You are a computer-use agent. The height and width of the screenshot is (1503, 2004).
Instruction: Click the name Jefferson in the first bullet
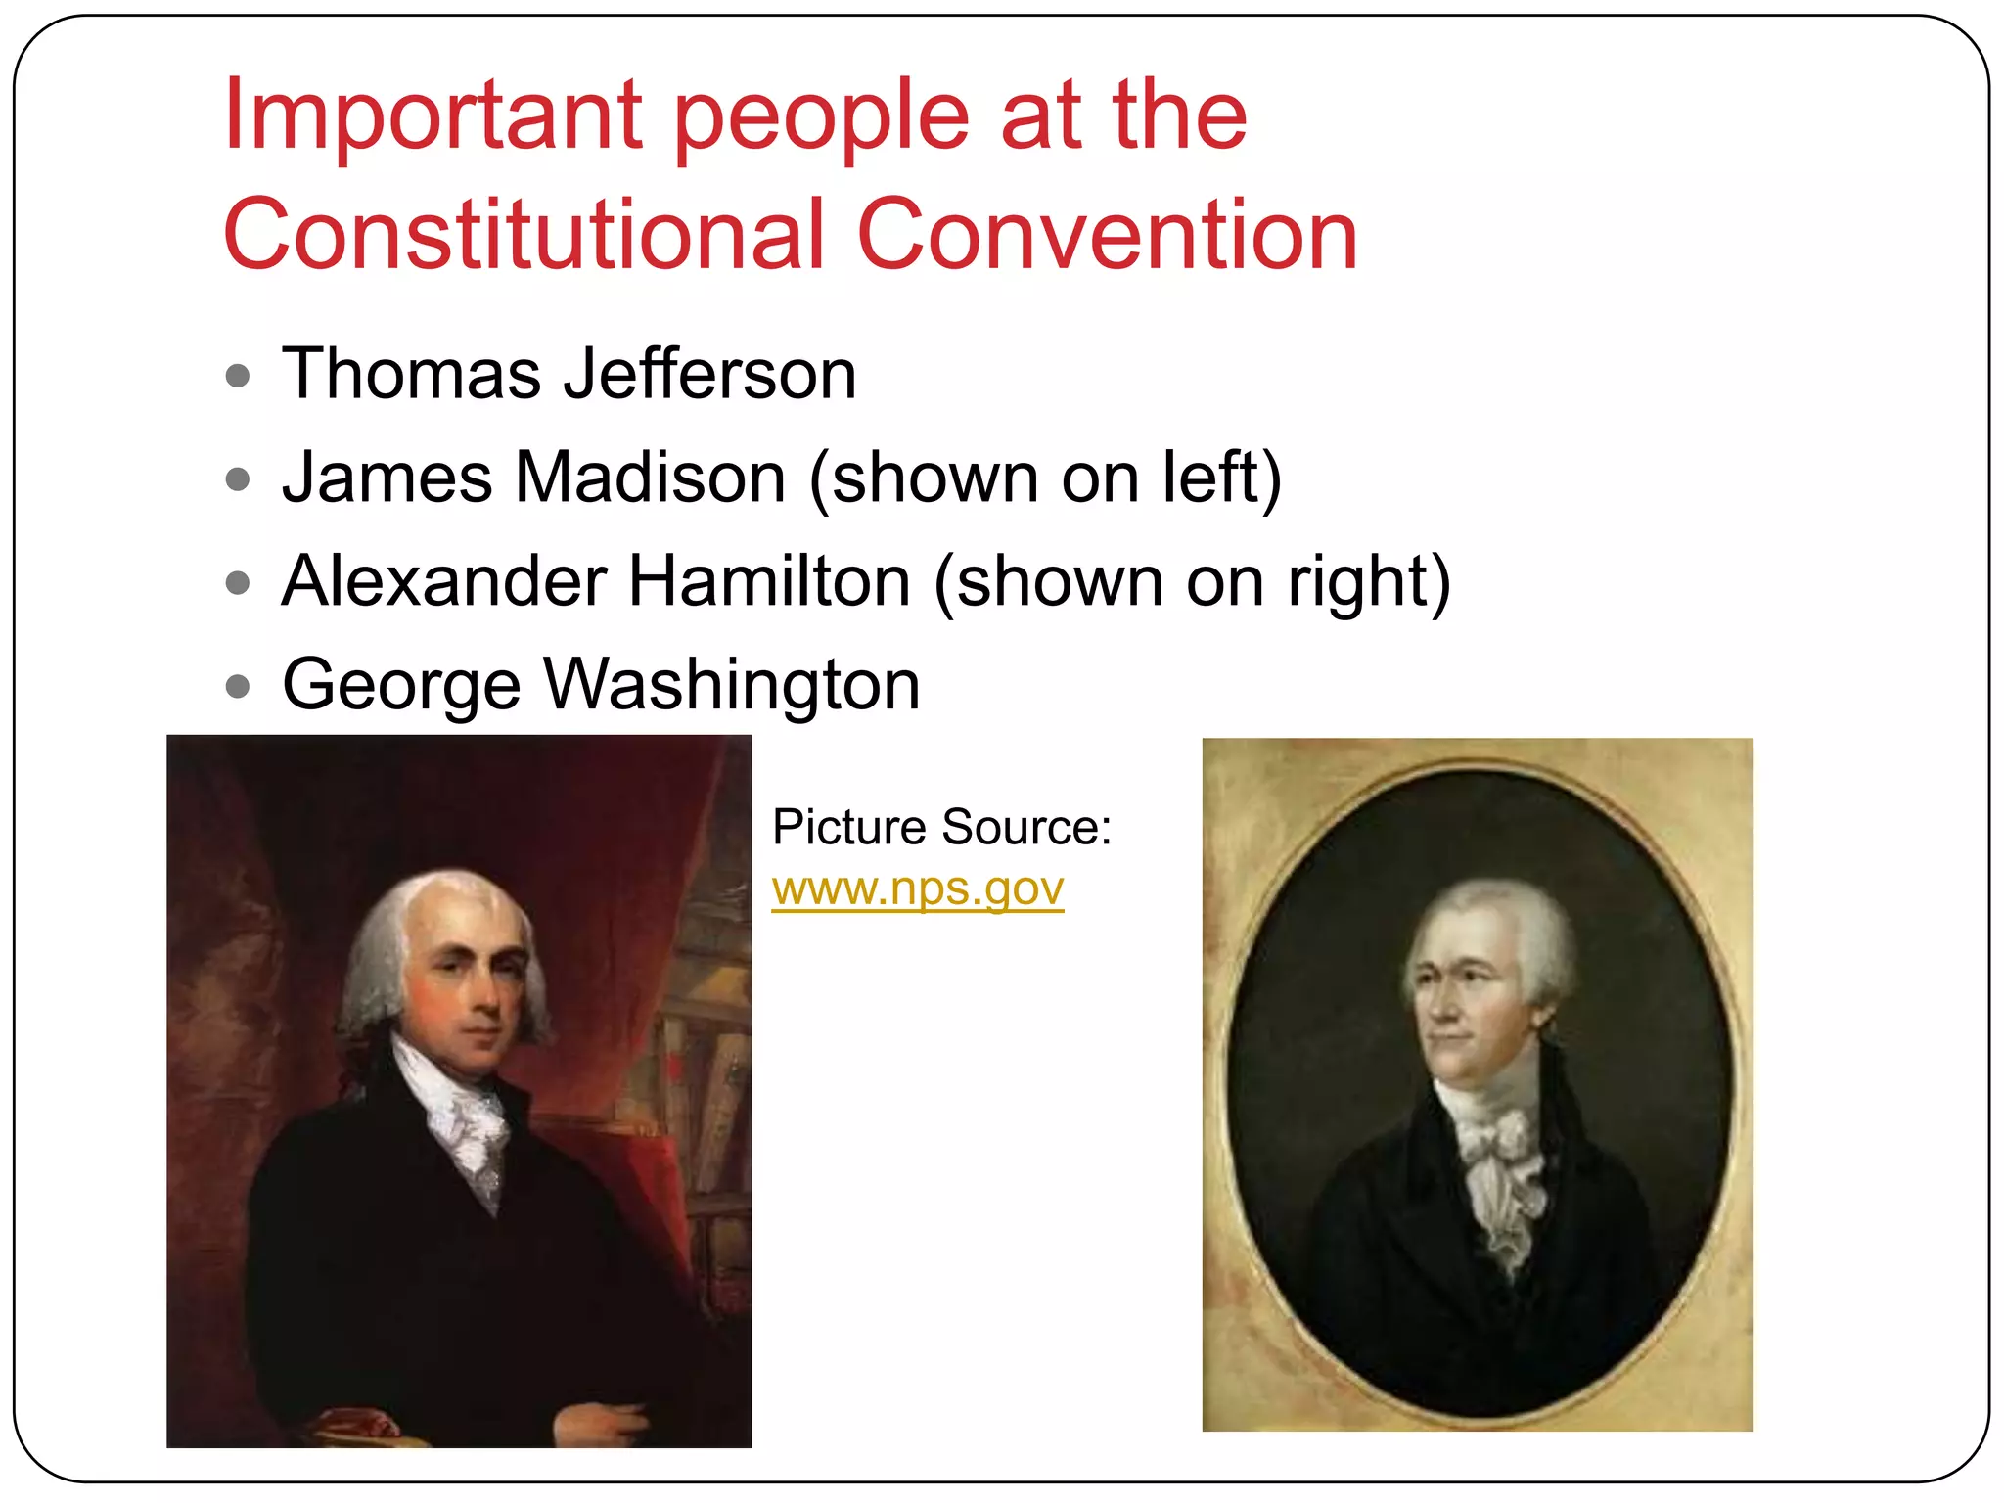[x=710, y=375]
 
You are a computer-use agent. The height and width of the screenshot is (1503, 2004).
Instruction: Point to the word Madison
[x=650, y=478]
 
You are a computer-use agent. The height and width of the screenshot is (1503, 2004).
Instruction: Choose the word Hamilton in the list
[x=769, y=582]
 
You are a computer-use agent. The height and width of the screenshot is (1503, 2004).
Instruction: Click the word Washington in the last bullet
[x=732, y=685]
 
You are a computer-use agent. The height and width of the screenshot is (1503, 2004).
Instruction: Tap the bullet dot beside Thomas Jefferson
[x=238, y=377]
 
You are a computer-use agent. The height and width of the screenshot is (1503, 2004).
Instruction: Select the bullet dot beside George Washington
[x=238, y=687]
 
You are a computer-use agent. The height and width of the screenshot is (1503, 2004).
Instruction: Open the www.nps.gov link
[x=917, y=888]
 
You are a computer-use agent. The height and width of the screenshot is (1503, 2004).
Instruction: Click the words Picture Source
[x=941, y=828]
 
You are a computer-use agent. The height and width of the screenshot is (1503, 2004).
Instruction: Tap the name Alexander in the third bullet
[x=443, y=582]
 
